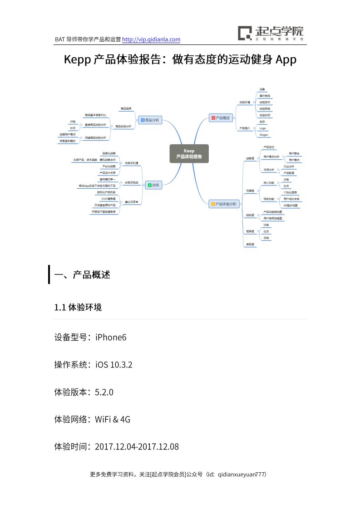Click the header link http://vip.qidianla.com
[x=152, y=39]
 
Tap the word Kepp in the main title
[x=78, y=59]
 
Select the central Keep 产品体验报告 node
[x=189, y=153]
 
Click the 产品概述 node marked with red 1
[x=220, y=118]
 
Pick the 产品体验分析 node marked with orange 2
[x=223, y=204]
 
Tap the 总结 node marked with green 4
[x=153, y=185]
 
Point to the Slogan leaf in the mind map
[x=264, y=135]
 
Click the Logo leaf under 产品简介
[x=262, y=128]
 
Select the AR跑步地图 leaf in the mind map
[x=291, y=206]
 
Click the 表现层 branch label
[x=250, y=245]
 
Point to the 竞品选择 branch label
[x=126, y=109]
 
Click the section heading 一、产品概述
[x=82, y=275]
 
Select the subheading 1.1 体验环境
[x=78, y=308]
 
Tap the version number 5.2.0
[x=104, y=392]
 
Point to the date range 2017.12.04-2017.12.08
[x=137, y=446]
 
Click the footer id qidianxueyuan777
[x=241, y=475]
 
